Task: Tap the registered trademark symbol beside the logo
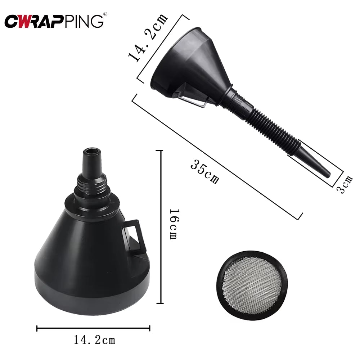[105, 14]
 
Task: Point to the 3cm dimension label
[347, 184]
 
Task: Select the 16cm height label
[174, 225]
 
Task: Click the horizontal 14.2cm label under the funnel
[94, 339]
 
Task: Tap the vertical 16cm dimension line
[161, 227]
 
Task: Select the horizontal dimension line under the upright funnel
[93, 328]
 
